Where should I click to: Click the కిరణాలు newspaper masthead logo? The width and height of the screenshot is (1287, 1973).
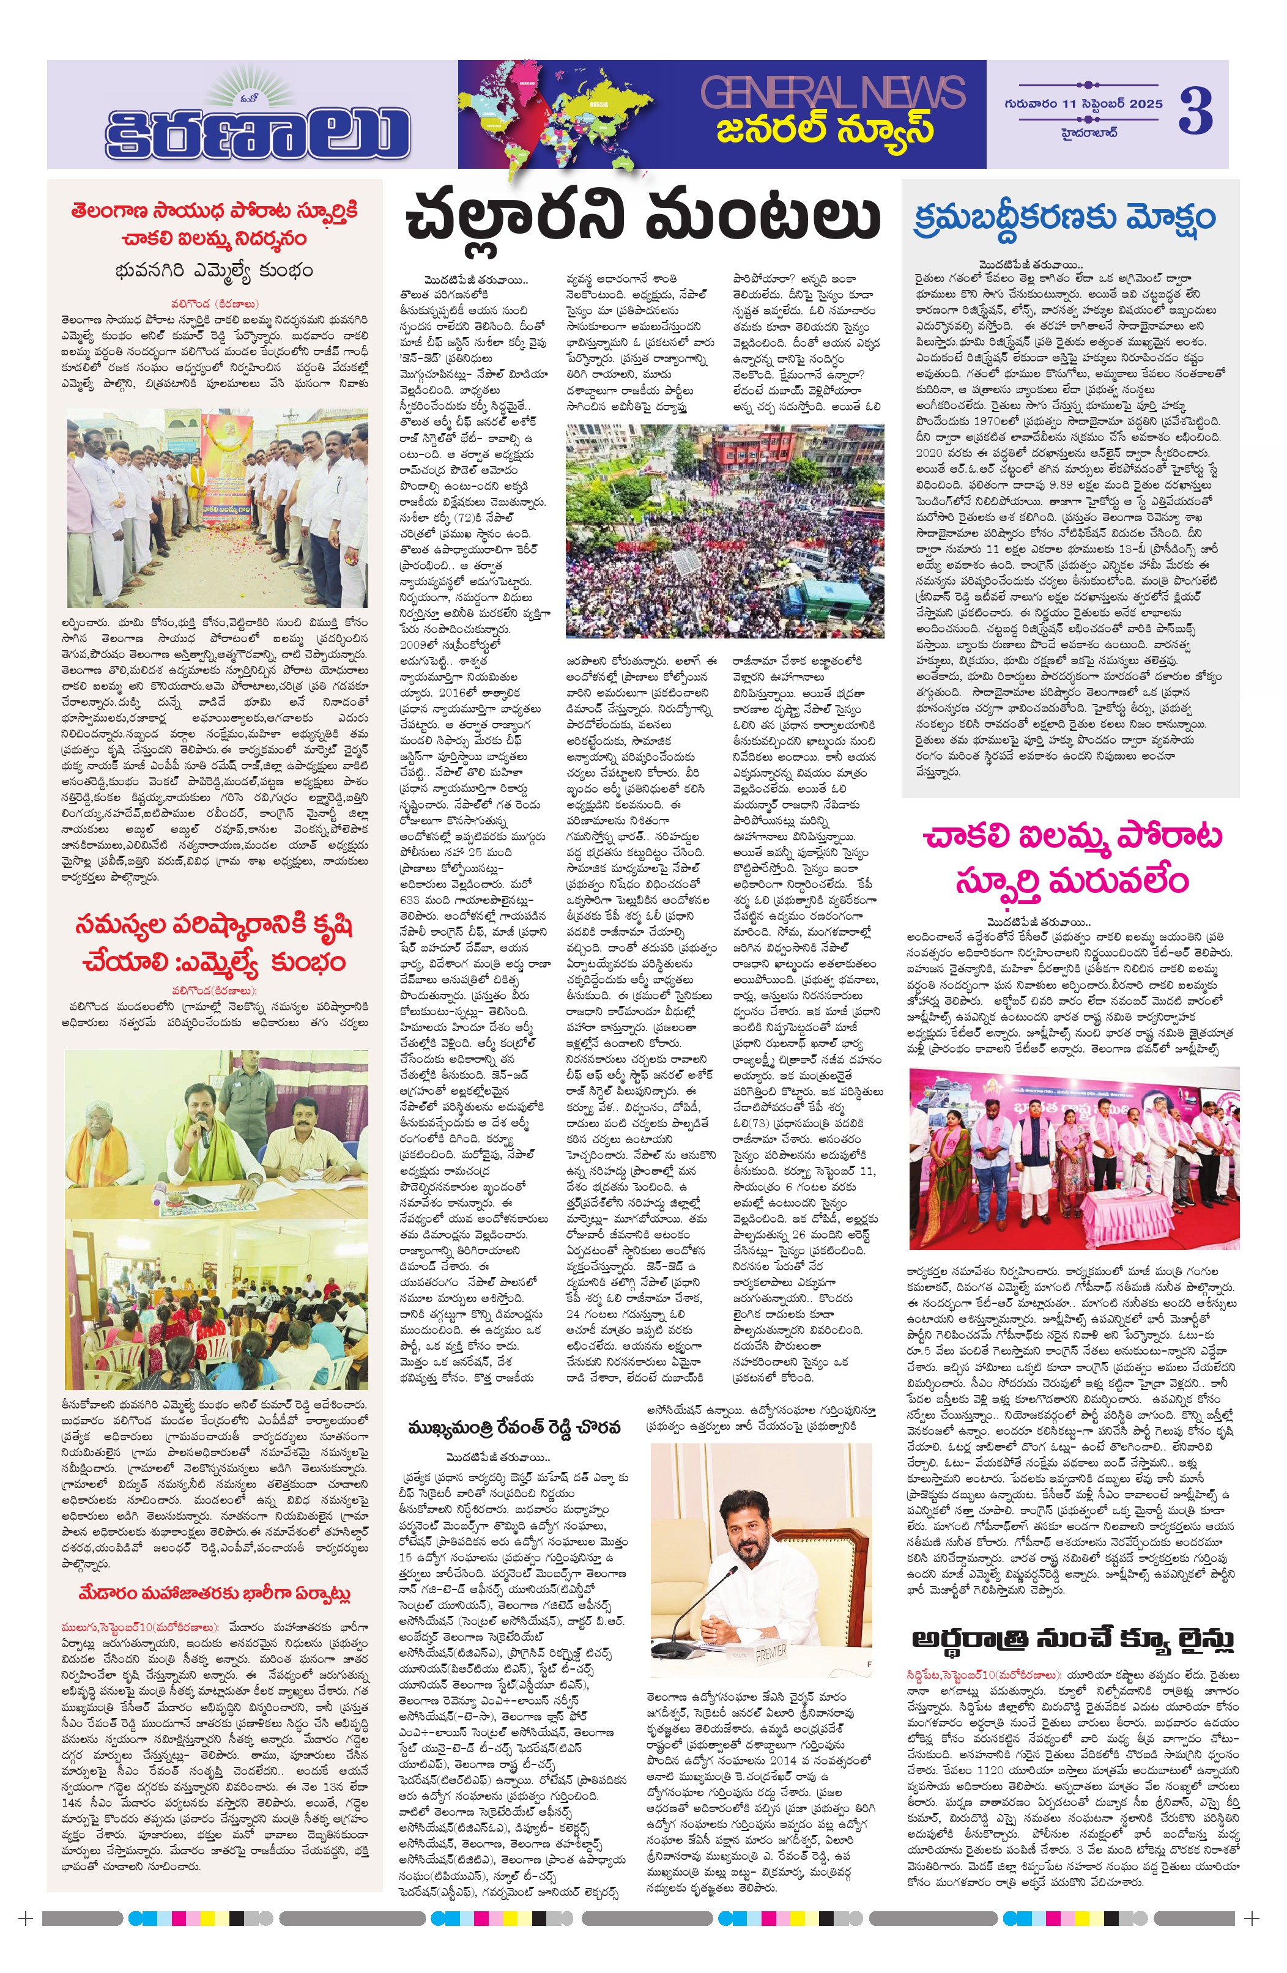[x=257, y=124]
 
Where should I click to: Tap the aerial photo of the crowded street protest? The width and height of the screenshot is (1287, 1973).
[x=724, y=530]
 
